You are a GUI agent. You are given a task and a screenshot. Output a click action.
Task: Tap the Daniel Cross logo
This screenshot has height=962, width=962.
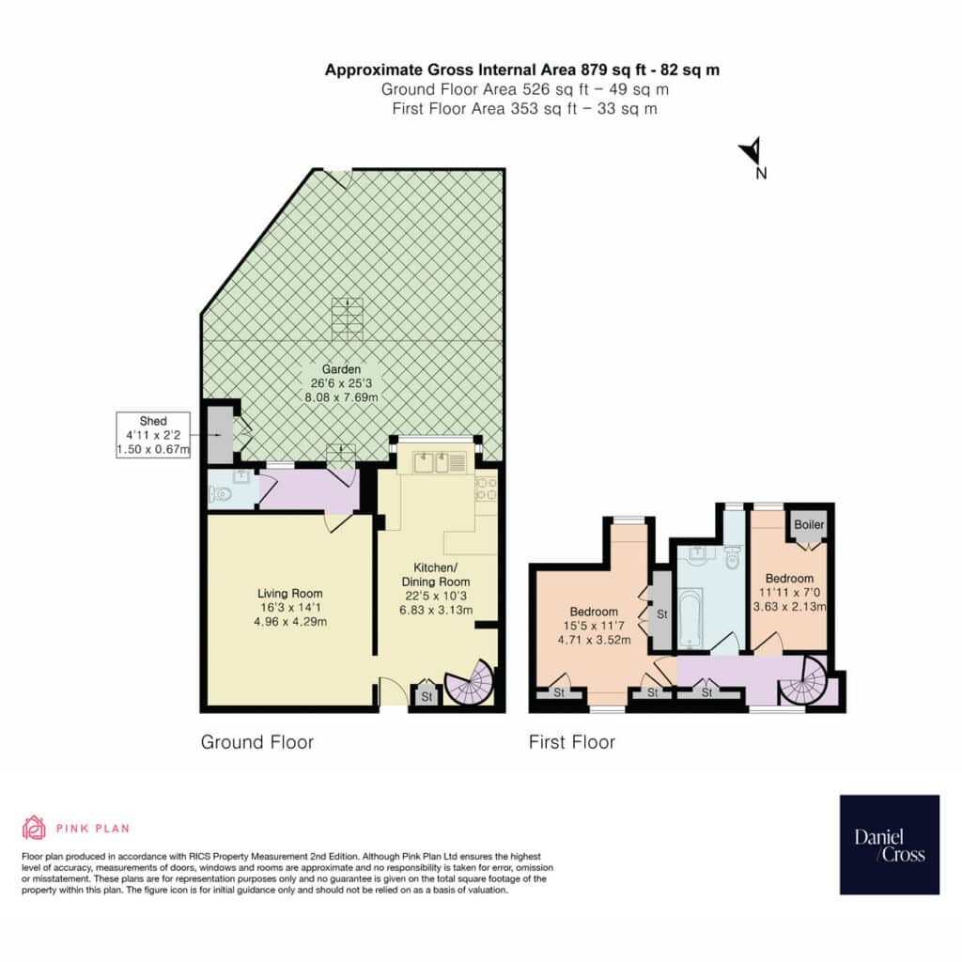coord(889,845)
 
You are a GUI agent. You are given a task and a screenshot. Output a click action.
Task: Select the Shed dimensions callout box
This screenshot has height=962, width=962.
coord(153,435)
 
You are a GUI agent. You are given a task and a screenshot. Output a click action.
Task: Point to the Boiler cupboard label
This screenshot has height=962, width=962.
coord(809,524)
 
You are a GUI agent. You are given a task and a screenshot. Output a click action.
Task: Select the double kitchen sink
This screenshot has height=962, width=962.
coord(434,461)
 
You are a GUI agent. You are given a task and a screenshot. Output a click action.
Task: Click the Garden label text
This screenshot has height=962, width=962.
coord(342,369)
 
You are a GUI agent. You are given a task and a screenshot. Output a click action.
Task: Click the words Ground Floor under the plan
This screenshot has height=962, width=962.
coord(257,742)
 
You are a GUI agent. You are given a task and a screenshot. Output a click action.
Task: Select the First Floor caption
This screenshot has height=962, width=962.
coord(572,742)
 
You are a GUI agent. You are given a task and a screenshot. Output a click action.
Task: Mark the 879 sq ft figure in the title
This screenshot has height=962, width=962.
coord(607,70)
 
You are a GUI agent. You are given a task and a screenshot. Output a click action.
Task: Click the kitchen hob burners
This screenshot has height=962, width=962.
coord(486,489)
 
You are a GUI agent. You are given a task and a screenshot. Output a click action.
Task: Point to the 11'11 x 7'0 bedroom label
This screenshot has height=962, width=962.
coord(789,593)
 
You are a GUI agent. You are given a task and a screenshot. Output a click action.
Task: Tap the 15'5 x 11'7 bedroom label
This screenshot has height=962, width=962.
coord(594,626)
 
